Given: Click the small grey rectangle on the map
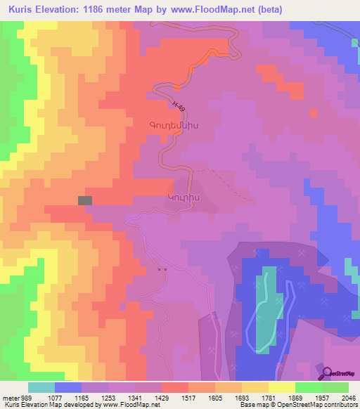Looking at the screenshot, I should (x=84, y=200).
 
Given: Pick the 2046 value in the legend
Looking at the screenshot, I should (x=349, y=397).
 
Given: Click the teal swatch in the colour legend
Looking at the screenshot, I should (x=41, y=387).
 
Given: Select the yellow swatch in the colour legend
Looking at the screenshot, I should (x=282, y=387).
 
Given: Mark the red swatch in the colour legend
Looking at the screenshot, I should (x=175, y=387).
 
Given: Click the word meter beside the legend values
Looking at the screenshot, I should (x=11, y=397).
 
